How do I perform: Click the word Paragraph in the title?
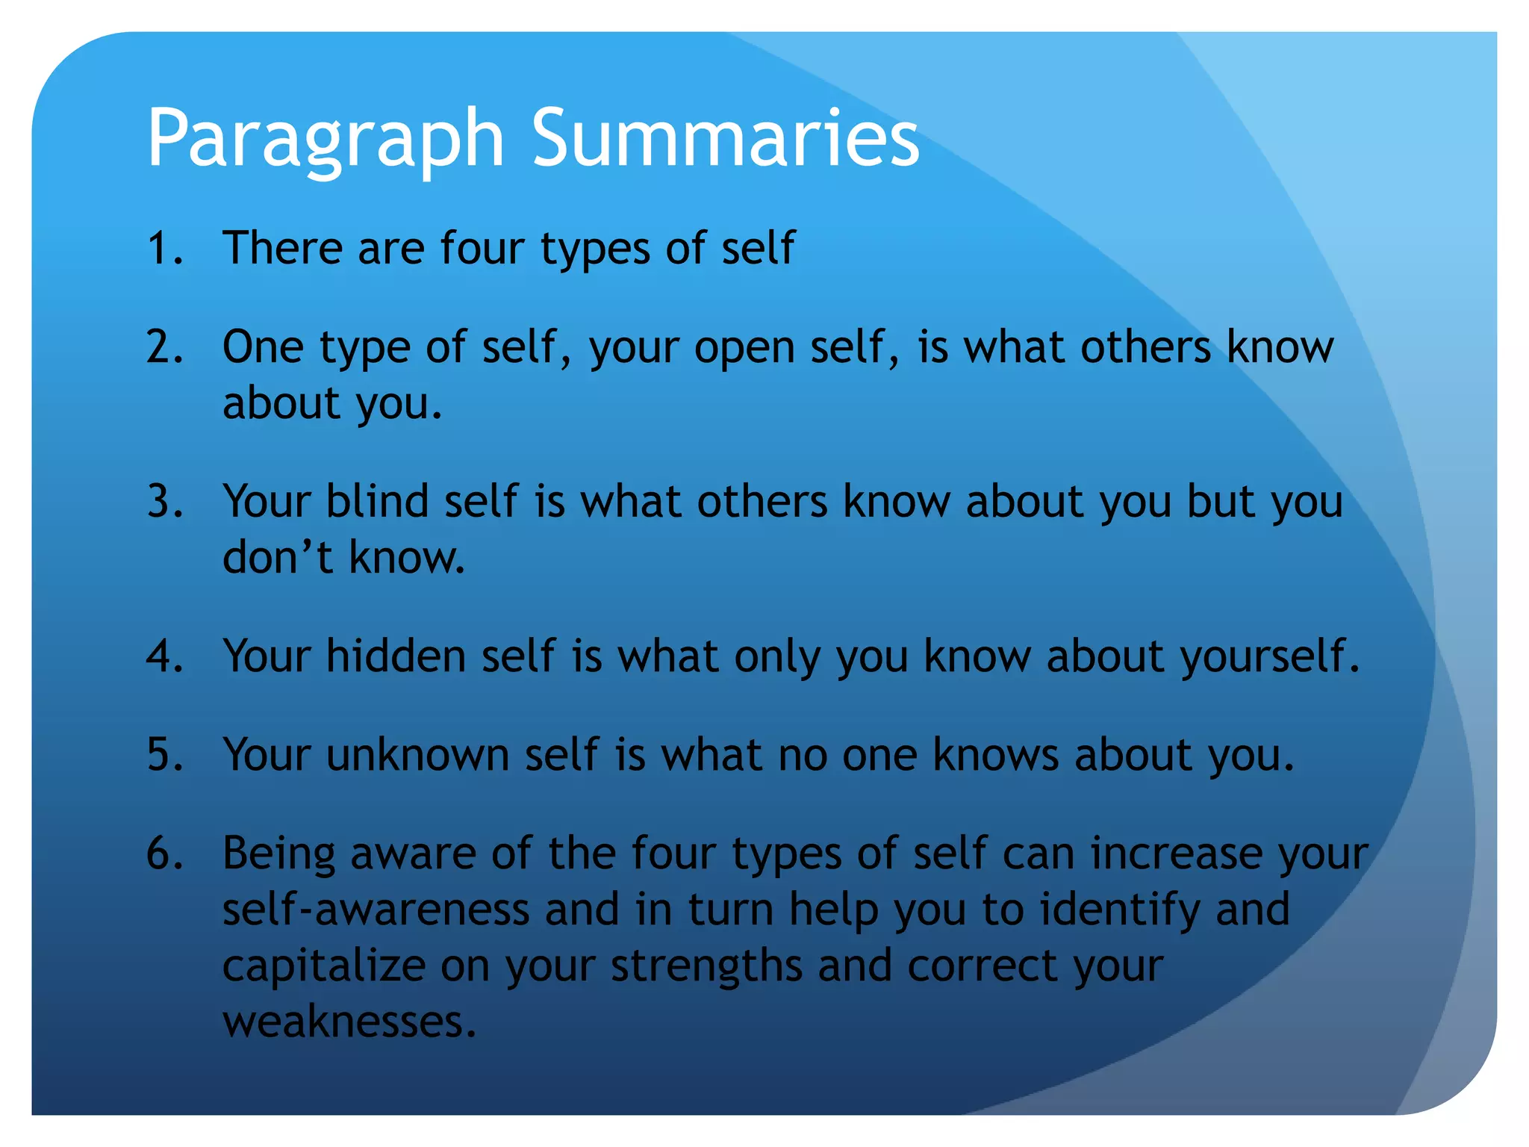click(x=326, y=139)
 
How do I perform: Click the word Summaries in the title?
click(x=725, y=137)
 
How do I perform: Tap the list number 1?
click(x=164, y=248)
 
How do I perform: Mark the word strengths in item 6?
click(x=706, y=966)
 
